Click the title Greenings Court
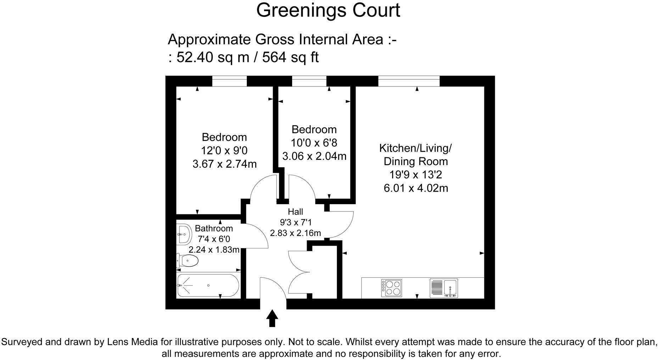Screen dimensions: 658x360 (x=328, y=11)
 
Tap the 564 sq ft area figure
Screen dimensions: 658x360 (x=290, y=57)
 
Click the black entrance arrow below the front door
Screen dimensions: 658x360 (x=272, y=318)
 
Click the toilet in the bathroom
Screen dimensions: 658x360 (x=187, y=261)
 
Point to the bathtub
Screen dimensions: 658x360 (x=208, y=285)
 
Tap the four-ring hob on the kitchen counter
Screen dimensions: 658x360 (x=391, y=288)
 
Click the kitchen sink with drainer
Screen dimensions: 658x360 (x=444, y=288)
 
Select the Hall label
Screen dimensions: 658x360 (x=295, y=212)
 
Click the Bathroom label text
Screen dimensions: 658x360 (x=214, y=228)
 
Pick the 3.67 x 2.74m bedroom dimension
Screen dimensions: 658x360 (x=224, y=164)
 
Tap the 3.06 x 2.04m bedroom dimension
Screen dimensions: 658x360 (x=314, y=156)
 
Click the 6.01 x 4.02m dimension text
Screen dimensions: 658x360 (x=416, y=188)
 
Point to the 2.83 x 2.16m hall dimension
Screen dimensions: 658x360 (x=295, y=233)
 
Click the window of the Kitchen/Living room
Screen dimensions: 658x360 (x=409, y=81)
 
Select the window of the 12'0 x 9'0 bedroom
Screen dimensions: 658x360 (x=229, y=81)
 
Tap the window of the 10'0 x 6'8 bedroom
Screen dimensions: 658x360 (x=309, y=81)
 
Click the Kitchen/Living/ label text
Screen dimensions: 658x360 (x=416, y=148)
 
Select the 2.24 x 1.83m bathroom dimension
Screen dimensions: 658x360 (x=214, y=249)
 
